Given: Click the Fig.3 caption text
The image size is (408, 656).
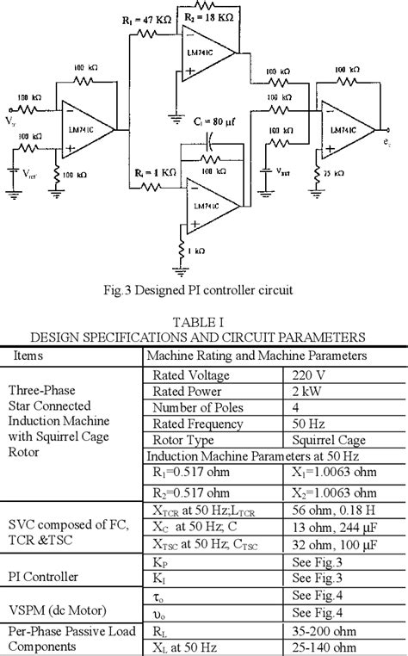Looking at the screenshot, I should (203, 290).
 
